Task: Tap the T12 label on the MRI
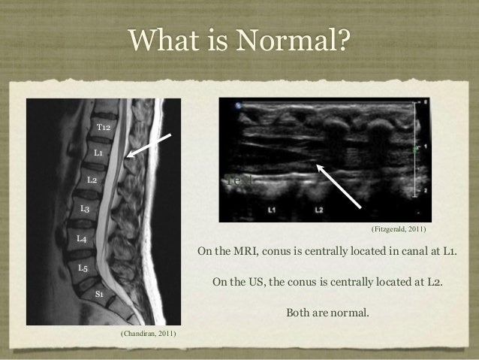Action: (x=104, y=129)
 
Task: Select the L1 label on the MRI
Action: (x=98, y=153)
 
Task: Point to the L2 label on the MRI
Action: (x=91, y=180)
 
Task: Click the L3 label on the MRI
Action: (x=85, y=208)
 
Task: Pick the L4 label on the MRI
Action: (x=82, y=238)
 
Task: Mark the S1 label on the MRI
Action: (x=99, y=293)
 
